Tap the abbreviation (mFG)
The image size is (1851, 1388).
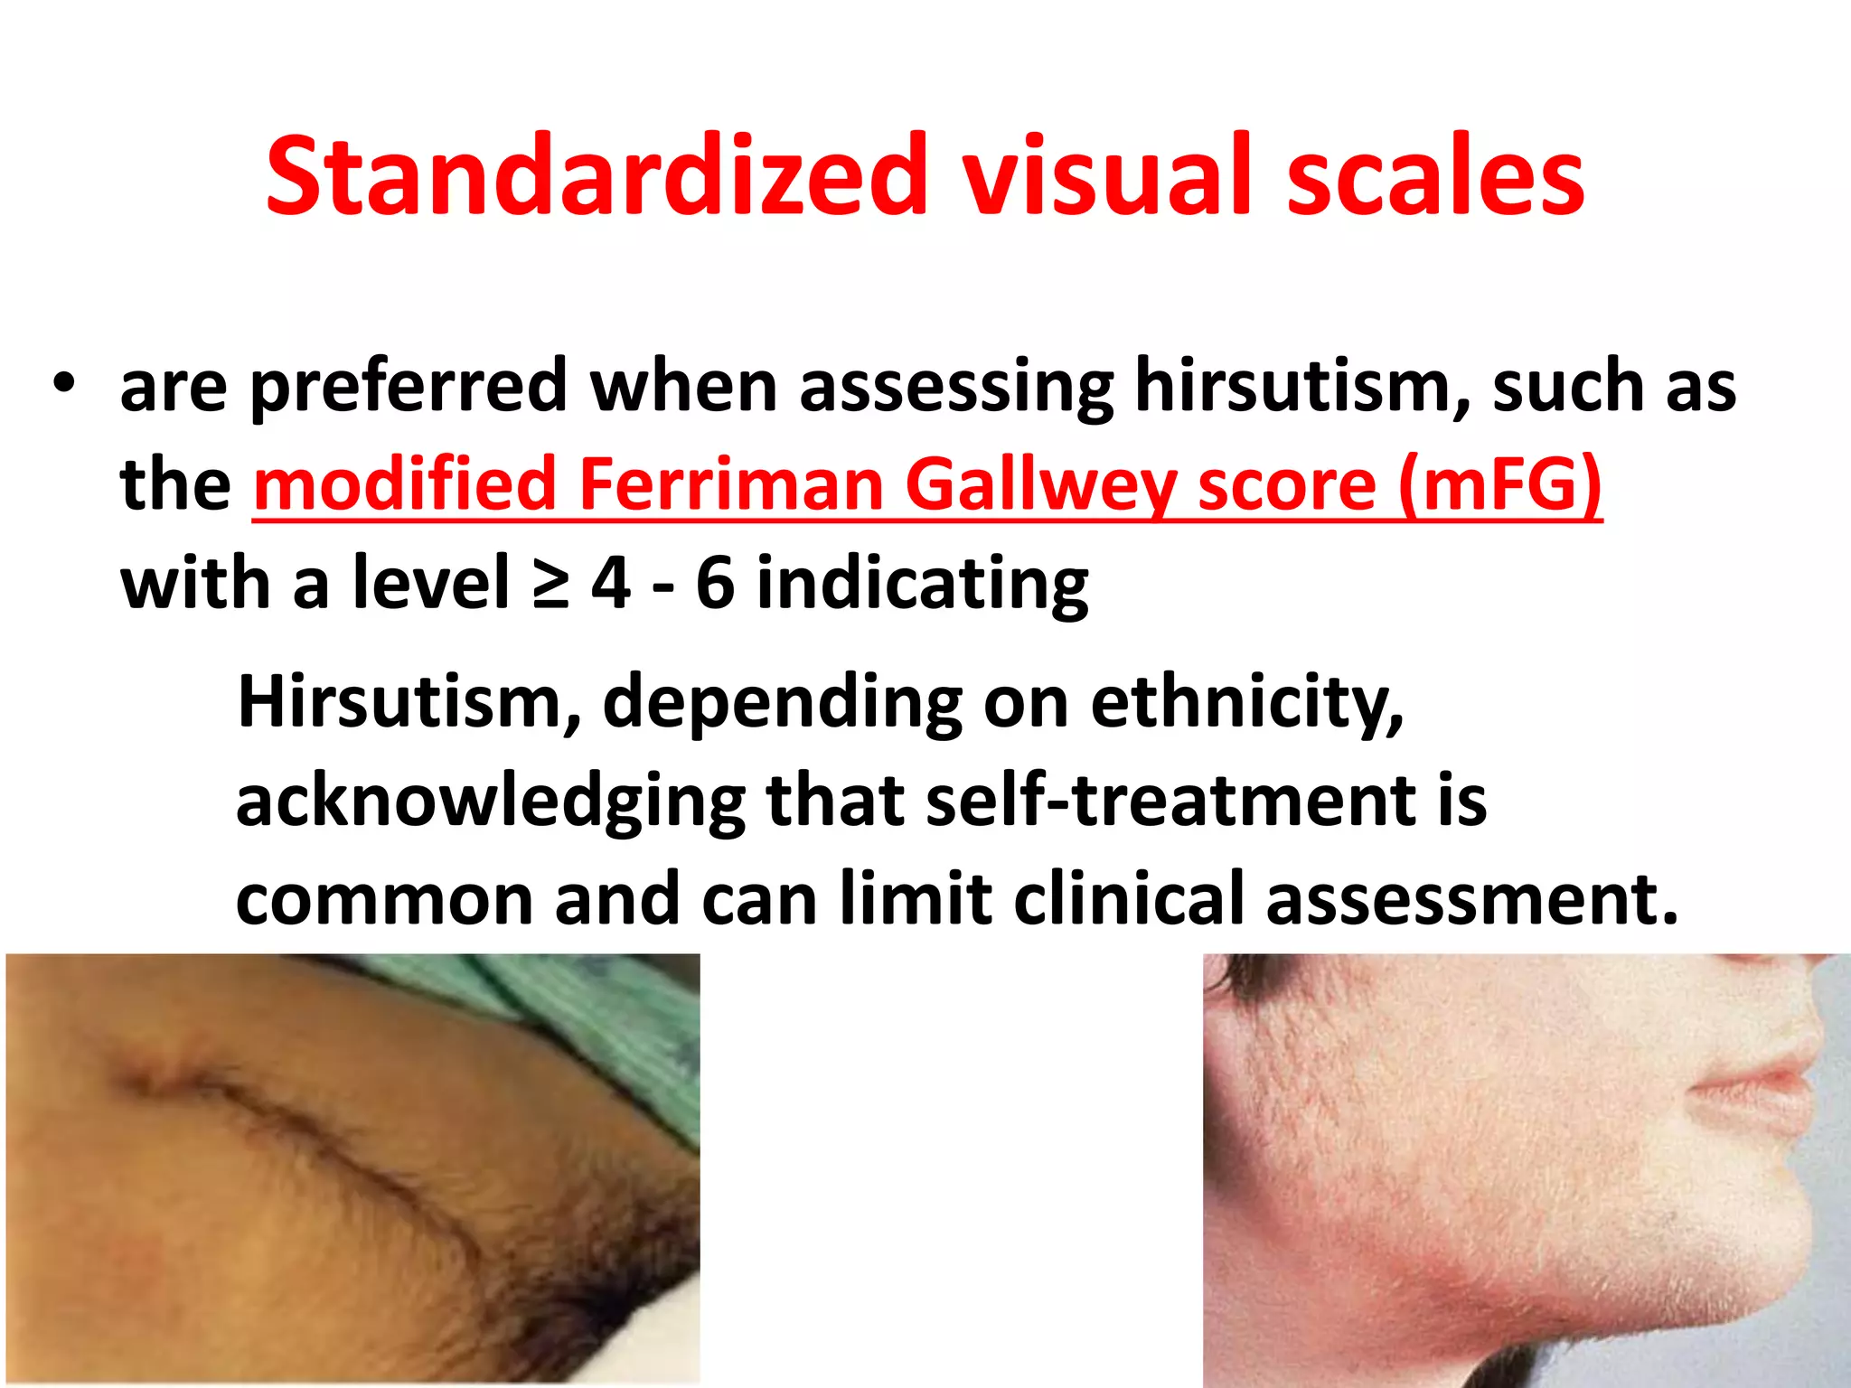[1499, 485]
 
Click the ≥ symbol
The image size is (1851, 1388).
[550, 585]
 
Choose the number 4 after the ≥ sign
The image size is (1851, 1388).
[611, 585]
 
